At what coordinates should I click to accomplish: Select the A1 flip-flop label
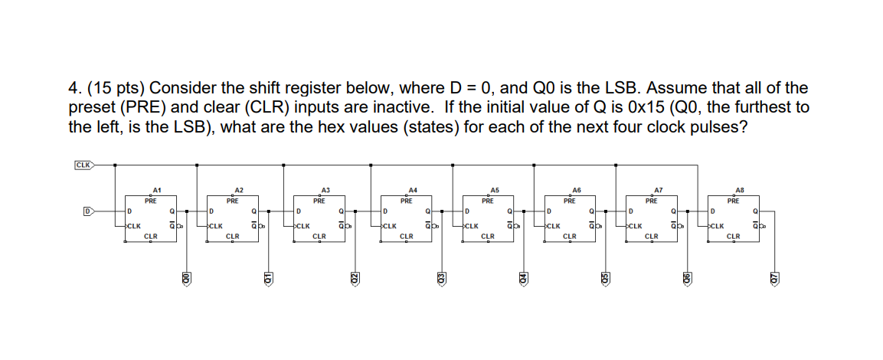pos(156,189)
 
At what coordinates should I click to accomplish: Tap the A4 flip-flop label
pos(413,189)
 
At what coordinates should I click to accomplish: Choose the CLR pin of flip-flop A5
pos(487,236)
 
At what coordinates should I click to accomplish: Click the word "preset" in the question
pos(90,107)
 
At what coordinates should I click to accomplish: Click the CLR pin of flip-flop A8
pos(732,236)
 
